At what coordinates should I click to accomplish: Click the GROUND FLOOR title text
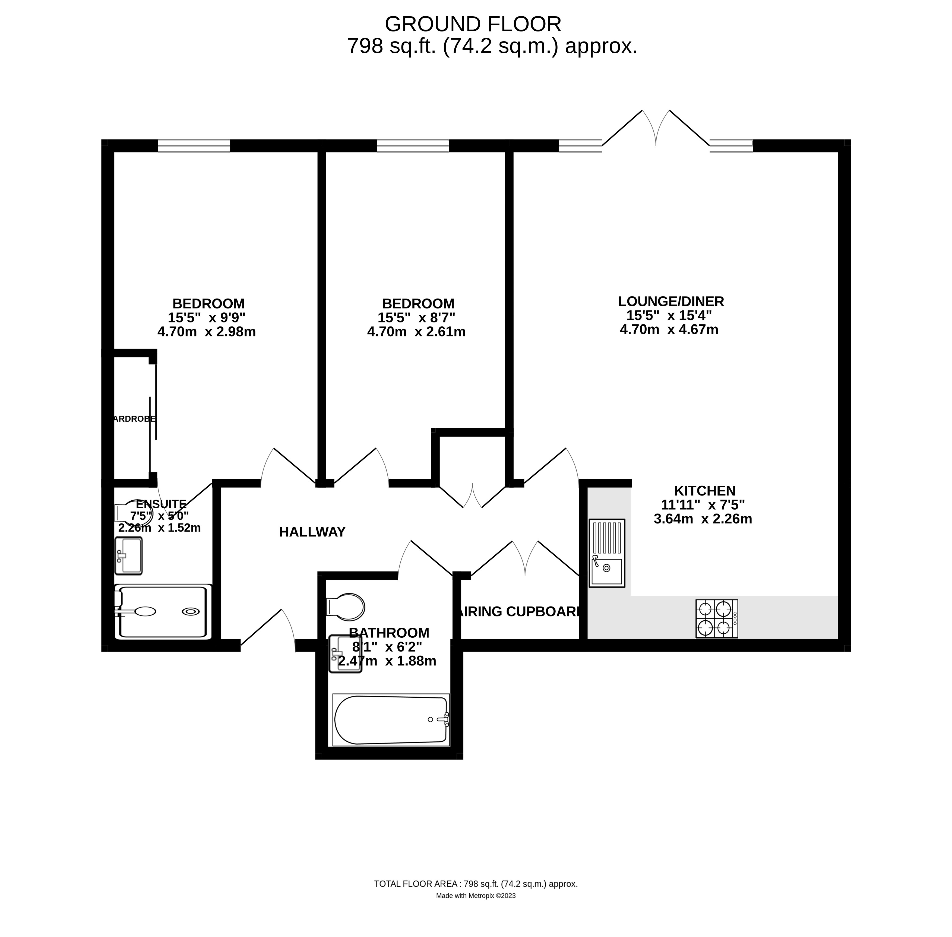point(473,24)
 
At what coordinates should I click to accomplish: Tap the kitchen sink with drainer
point(606,553)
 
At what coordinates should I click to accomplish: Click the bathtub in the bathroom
point(391,719)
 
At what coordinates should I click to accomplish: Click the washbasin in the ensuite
point(128,555)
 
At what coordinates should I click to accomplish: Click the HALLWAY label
point(312,532)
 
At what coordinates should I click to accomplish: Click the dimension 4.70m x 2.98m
point(207,332)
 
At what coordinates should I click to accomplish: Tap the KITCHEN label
point(704,491)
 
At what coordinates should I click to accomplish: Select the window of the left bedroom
point(194,146)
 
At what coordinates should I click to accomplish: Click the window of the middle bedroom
point(413,146)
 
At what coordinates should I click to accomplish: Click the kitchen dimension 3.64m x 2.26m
point(703,519)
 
